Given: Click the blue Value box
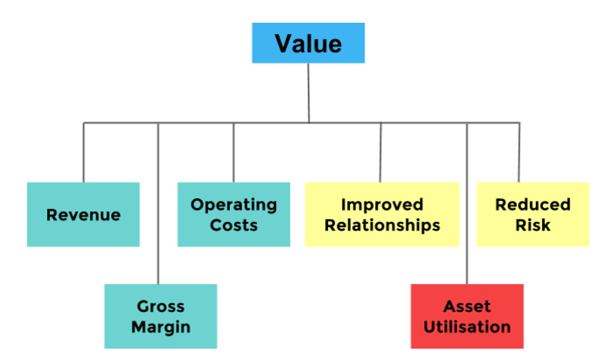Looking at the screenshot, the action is (x=308, y=43).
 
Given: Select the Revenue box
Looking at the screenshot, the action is (x=83, y=214).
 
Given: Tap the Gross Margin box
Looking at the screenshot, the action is (x=161, y=316).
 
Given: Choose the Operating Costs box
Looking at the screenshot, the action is (x=233, y=214).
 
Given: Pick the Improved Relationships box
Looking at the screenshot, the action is (x=382, y=214).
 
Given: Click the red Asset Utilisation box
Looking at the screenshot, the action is (x=467, y=316).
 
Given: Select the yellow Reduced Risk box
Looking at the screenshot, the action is (x=533, y=214).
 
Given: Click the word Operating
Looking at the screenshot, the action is (x=233, y=205).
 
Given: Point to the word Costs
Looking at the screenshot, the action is (x=233, y=225).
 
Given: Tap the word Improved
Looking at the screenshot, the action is (x=382, y=205).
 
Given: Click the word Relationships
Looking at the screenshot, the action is (x=382, y=225).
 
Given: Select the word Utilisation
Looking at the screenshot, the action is (x=467, y=327).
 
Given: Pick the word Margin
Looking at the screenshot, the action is (x=161, y=328).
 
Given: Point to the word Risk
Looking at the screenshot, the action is (x=533, y=225).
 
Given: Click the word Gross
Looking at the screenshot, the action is (x=161, y=307).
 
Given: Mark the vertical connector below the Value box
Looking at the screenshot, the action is (x=309, y=93).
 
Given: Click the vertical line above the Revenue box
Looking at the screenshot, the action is (x=83, y=153).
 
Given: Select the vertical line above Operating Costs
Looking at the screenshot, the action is (x=233, y=153).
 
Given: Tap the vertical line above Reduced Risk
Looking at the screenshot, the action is (x=519, y=153).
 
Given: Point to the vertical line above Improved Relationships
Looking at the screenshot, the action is (x=380, y=153).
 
